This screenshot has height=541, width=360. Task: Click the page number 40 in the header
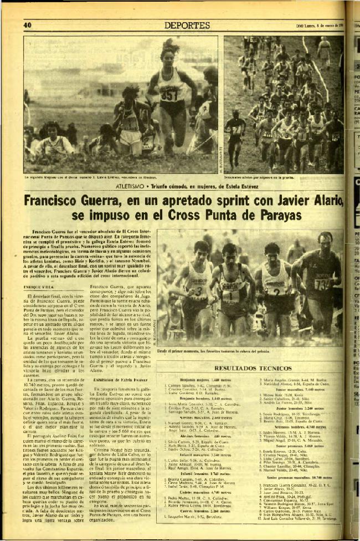pyautogui.click(x=27, y=24)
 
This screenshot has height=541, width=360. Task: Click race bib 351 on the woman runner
pyautogui.click(x=168, y=95)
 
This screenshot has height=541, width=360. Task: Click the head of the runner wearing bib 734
pyautogui.click(x=325, y=242)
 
